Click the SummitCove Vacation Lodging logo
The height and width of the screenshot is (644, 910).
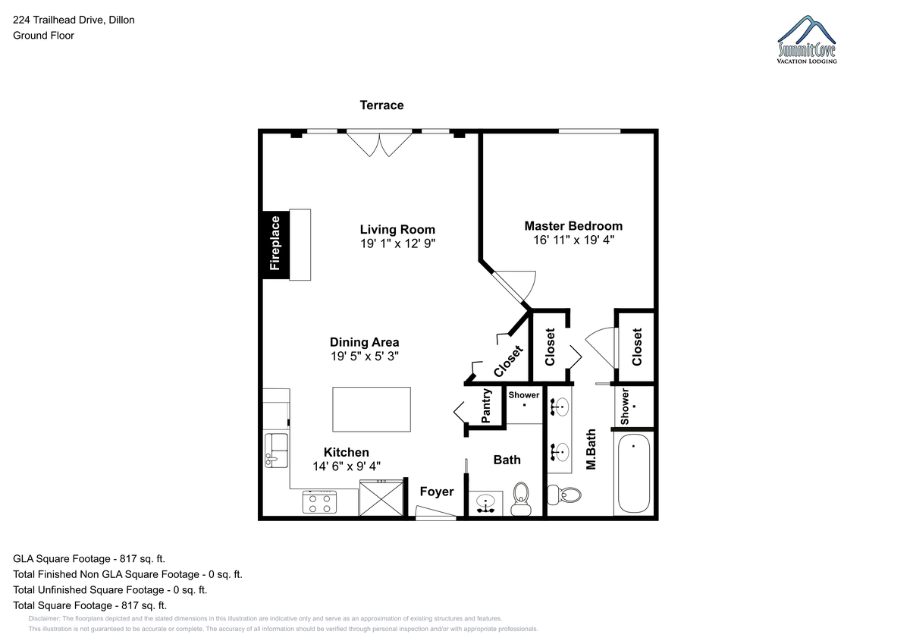(x=806, y=39)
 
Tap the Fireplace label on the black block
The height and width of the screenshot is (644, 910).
(x=275, y=243)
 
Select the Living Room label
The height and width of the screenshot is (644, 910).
(x=397, y=230)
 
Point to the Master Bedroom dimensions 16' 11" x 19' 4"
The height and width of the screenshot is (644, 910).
(x=573, y=240)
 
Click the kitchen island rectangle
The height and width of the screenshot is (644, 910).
(x=372, y=409)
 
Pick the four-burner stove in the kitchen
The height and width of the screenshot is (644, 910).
(x=319, y=502)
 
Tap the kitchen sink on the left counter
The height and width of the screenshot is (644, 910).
(x=276, y=450)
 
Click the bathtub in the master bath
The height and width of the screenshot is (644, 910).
(x=633, y=474)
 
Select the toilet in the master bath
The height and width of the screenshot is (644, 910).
(x=565, y=495)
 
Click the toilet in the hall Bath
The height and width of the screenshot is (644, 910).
(x=521, y=498)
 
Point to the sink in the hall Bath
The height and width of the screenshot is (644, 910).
(x=485, y=504)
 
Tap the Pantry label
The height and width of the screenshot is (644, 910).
(x=486, y=406)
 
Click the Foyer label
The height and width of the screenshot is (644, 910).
(x=437, y=492)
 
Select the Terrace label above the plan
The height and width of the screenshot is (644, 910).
(x=382, y=105)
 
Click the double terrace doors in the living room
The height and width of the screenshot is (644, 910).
(x=379, y=143)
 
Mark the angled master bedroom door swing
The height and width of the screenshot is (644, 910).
(x=513, y=287)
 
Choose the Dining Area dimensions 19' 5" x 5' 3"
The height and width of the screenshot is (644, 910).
(x=365, y=357)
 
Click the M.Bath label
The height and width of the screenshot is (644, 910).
(x=591, y=449)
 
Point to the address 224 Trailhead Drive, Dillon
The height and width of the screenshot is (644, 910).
(x=74, y=20)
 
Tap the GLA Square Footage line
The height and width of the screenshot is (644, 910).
(x=89, y=559)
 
